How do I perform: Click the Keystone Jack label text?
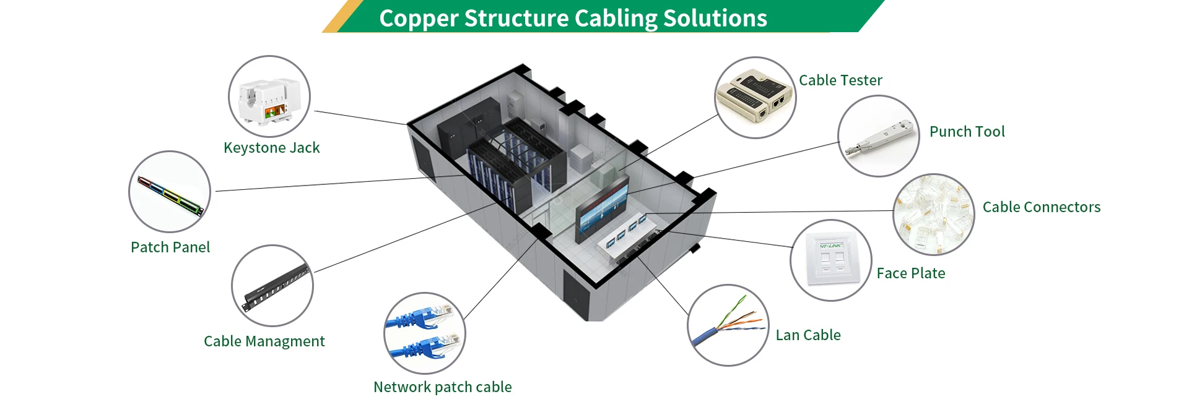[271, 148]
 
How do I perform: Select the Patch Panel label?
[170, 247]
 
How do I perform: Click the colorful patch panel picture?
[170, 194]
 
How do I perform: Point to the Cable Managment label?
[264, 341]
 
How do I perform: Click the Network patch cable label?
[442, 387]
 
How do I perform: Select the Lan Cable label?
[808, 335]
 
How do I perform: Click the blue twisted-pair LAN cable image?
[725, 327]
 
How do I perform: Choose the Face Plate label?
[910, 273]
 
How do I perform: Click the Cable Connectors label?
[1041, 207]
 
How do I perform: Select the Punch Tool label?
[967, 132]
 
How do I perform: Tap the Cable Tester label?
[840, 80]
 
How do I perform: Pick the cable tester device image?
[756, 98]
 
